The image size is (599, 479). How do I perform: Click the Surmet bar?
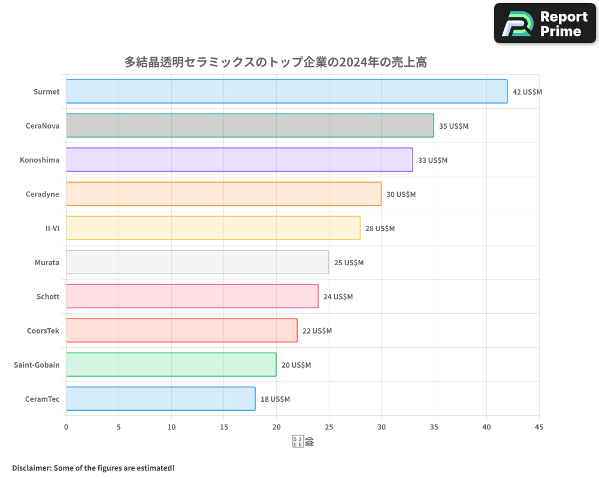[286, 92]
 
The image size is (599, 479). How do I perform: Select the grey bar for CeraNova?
[250, 126]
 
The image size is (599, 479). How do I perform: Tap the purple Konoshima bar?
[240, 160]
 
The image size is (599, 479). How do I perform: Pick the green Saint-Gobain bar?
[171, 365]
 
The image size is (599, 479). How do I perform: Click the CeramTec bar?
[161, 399]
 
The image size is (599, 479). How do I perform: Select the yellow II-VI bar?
[213, 228]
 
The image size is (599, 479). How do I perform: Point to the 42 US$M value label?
[527, 92]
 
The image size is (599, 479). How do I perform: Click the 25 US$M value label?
[349, 263]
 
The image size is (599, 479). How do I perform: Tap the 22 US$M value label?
[317, 331]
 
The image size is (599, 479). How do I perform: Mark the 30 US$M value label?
[401, 195]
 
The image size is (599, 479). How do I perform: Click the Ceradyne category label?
[43, 194]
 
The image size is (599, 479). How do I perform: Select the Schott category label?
[48, 296]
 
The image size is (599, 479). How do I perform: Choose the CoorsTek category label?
[43, 331]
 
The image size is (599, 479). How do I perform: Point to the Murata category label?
[47, 262]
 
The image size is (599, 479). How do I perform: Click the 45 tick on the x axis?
[539, 427]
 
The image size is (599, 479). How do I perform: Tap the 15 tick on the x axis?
[224, 427]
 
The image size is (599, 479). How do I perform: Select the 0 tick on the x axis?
[66, 427]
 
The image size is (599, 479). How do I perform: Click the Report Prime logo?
[544, 23]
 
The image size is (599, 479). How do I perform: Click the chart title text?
[276, 62]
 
